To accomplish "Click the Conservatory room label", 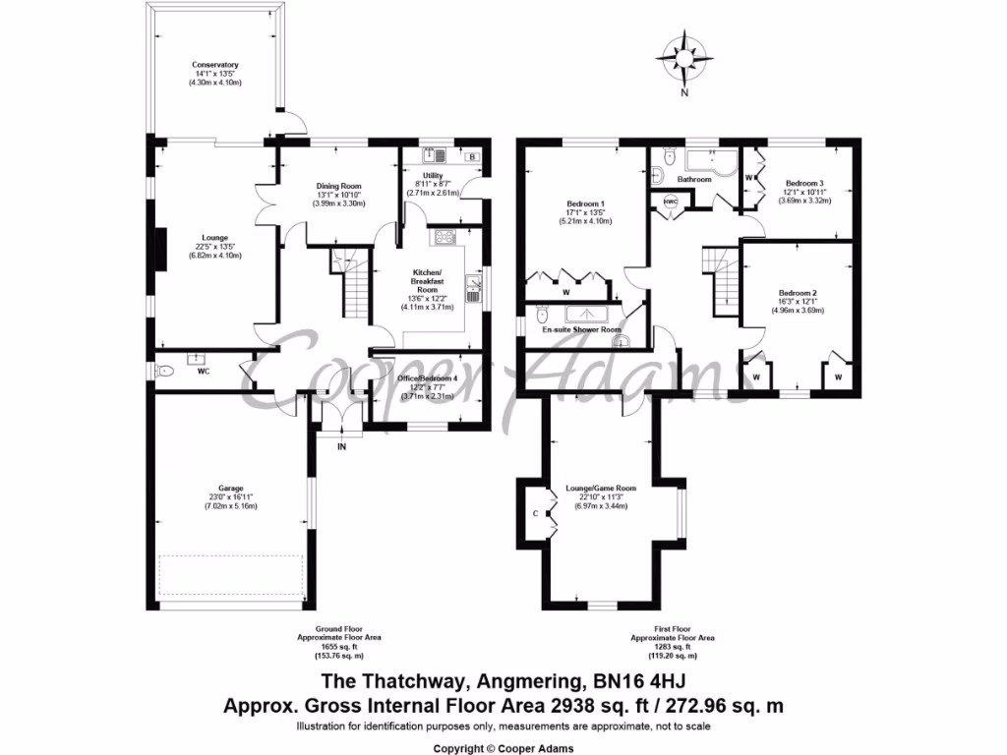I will point(215,66).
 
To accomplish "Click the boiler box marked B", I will point(472,156).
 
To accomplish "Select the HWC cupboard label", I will point(672,202).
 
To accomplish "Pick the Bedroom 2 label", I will point(798,293).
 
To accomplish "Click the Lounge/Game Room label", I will point(601,488).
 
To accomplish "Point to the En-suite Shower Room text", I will point(588,330).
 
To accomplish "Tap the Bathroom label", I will point(692,180).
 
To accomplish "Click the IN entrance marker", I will point(342,446).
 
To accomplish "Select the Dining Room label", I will point(339,187).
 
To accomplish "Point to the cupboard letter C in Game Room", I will point(535,513).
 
